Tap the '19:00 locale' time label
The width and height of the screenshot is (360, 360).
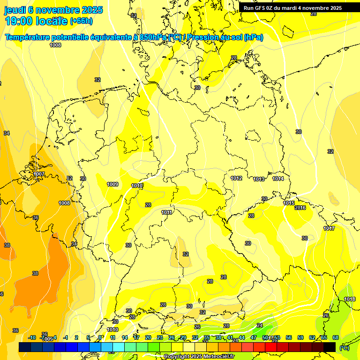click(36, 21)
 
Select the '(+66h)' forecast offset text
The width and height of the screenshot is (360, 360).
click(81, 21)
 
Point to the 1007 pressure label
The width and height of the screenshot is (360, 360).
click(39, 174)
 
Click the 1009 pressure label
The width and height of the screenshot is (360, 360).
click(112, 184)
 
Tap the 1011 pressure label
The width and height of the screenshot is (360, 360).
click(167, 212)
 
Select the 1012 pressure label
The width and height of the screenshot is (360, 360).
click(236, 178)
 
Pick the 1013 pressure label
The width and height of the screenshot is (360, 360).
click(259, 179)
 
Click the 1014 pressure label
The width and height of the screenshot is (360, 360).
click(278, 179)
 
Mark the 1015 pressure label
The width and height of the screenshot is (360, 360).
click(289, 203)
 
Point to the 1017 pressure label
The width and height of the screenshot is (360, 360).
click(329, 228)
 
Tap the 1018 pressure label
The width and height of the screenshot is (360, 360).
click(350, 299)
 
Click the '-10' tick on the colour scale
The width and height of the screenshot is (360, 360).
click(32, 337)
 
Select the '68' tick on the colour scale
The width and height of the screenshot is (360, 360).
click(335, 337)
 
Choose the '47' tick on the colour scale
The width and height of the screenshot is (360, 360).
click(254, 337)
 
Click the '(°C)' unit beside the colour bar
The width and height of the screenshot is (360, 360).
click(344, 347)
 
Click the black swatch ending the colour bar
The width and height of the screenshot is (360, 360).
click(330, 347)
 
